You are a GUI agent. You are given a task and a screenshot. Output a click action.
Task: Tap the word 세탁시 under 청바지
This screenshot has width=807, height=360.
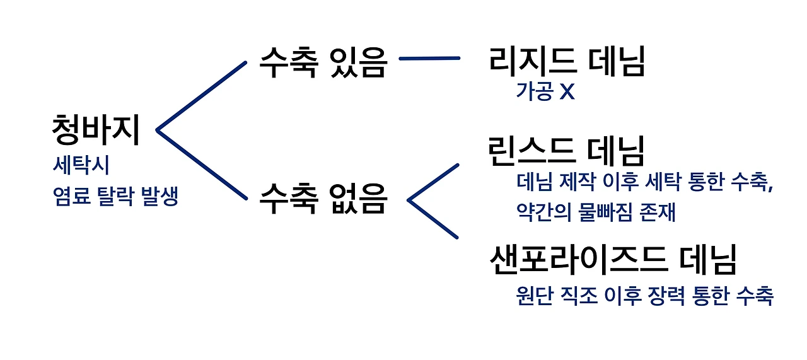click(81, 166)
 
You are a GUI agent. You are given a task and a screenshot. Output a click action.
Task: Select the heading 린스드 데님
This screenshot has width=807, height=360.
click(567, 151)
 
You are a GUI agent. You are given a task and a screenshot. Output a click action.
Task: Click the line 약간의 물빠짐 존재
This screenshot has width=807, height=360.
click(596, 212)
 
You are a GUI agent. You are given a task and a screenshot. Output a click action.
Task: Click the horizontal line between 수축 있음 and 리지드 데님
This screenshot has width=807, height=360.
click(429, 59)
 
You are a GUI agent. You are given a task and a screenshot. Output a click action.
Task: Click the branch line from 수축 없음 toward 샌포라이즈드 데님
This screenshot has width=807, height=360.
click(434, 219)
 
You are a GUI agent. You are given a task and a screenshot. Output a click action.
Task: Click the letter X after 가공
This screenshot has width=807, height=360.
click(567, 93)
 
